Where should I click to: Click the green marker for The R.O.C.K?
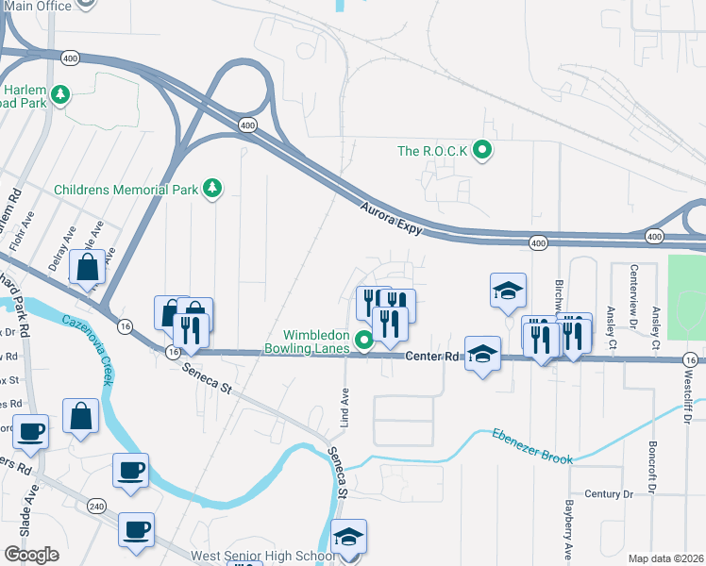coord(483,151)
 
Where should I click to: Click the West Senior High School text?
coord(262,557)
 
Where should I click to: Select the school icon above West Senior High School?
coord(348,538)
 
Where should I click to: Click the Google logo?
coord(31,555)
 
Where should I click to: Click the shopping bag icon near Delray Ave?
coord(87,267)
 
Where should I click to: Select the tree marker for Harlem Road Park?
coord(60,94)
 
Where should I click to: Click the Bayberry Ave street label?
coord(568,528)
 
